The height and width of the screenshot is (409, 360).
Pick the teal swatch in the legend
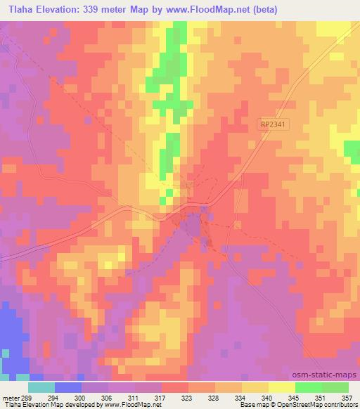pyautogui.click(x=41, y=387)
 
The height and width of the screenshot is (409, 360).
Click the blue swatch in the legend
pyautogui.click(x=68, y=387)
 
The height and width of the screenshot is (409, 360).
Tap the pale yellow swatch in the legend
pyautogui.click(x=282, y=387)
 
